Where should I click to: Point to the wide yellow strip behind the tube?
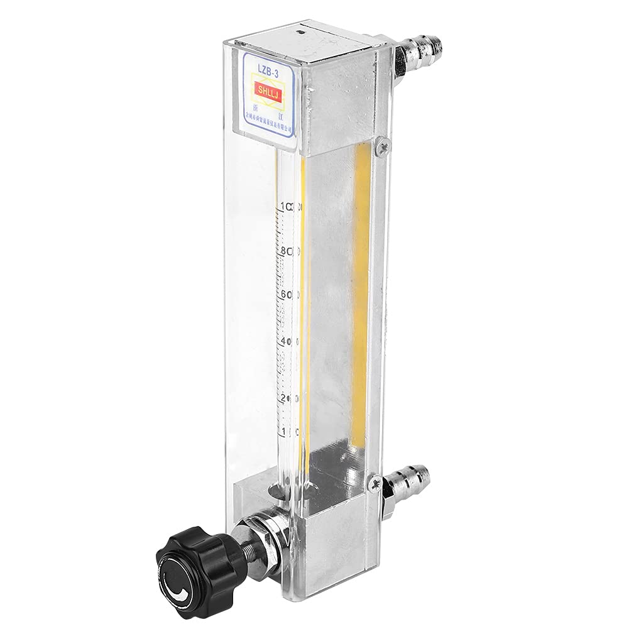359,295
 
